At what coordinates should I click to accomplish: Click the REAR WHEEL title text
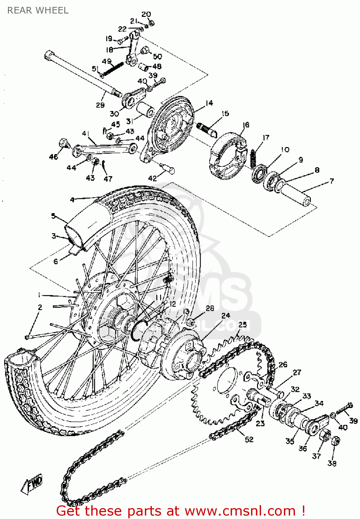pos(38,10)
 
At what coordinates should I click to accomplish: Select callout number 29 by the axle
pos(100,105)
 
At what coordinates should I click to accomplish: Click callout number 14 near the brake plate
pos(209,103)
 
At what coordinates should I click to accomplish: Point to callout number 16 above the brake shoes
pos(246,125)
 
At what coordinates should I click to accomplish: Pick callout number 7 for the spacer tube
pos(331,181)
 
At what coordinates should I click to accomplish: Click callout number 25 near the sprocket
pos(242,325)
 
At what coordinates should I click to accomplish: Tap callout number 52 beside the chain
pos(249,439)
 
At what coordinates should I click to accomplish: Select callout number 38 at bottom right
pos(332,463)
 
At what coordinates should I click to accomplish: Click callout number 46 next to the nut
pos(54,157)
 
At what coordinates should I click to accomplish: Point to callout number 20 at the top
pos(146,14)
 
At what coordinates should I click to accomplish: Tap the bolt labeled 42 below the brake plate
pos(168,169)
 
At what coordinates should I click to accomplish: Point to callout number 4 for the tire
pos(72,200)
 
